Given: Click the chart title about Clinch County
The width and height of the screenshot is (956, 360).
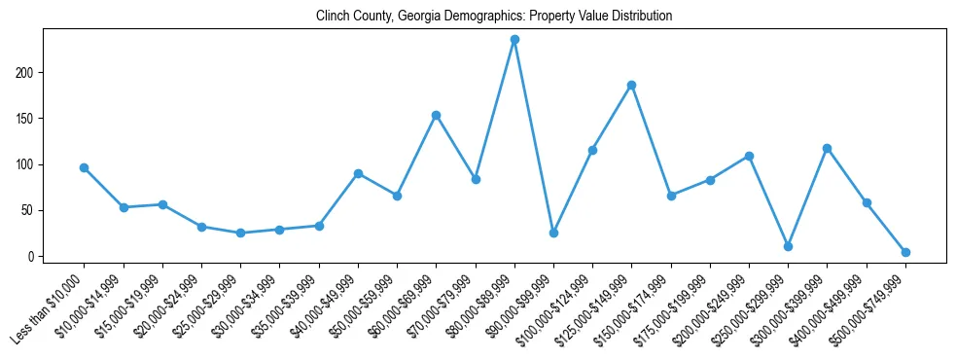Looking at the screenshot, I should (494, 16).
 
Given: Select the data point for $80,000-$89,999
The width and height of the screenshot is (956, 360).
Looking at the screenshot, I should (514, 40).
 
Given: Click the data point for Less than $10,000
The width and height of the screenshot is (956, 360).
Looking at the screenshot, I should (85, 167).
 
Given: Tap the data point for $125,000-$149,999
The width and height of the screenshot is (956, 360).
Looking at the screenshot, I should (631, 85).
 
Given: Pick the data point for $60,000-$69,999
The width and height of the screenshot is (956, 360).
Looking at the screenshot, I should (437, 115).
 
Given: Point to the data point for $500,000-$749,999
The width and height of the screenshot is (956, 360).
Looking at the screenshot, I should (905, 252).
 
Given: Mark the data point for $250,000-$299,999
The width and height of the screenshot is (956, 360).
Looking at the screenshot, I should (788, 246).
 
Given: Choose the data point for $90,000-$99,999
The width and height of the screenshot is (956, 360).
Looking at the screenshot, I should (553, 233).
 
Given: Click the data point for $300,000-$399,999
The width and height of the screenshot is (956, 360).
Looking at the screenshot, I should (827, 148).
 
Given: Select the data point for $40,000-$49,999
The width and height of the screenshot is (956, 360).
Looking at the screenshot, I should (358, 173).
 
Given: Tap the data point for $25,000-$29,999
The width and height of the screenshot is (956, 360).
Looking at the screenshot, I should (240, 233).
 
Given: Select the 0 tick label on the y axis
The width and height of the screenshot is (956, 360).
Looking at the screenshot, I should (32, 257).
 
